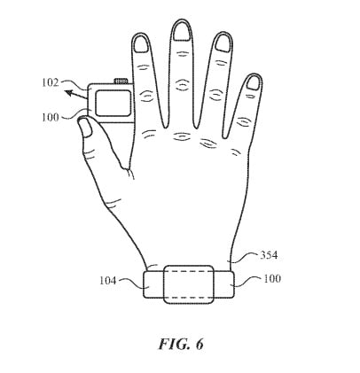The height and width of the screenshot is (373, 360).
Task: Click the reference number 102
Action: [x=51, y=82]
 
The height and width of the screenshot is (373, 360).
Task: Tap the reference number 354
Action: [x=269, y=255]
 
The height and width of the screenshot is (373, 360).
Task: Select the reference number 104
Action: [x=107, y=280]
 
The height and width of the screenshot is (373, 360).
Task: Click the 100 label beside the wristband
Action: [x=272, y=278]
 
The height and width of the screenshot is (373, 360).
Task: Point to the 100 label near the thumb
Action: [x=51, y=117]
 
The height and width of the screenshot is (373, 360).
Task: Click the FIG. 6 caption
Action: [x=181, y=344]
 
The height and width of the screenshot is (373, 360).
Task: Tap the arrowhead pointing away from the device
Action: [x=69, y=94]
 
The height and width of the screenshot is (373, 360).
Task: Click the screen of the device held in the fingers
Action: [x=113, y=103]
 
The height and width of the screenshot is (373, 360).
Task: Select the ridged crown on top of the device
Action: [x=121, y=81]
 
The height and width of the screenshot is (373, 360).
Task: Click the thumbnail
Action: [x=85, y=127]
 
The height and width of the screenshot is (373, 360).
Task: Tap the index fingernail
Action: [x=141, y=44]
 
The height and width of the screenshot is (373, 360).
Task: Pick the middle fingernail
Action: [x=181, y=31]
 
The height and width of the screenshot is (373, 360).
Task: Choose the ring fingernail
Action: [x=223, y=43]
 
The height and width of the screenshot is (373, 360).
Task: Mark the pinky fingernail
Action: [x=253, y=82]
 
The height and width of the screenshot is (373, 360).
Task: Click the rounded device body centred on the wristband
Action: [x=189, y=284]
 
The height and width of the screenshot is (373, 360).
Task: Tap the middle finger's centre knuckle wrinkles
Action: [x=182, y=85]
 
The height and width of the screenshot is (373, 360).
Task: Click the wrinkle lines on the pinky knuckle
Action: [x=243, y=121]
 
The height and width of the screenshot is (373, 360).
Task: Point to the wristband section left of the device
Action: [x=153, y=284]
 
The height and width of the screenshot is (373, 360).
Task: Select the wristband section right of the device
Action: [x=224, y=284]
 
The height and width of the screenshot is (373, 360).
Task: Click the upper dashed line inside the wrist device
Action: [x=189, y=272]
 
